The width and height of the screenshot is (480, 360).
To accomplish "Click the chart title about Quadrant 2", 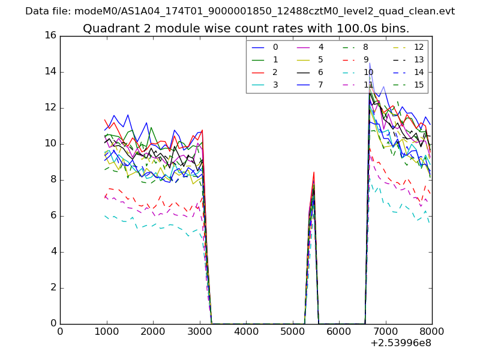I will (x=246, y=28).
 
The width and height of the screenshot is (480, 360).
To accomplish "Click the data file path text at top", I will (x=240, y=11).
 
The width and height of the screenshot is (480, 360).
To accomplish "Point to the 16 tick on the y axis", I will (x=50, y=35).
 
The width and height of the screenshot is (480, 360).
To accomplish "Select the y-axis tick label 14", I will (x=50, y=71).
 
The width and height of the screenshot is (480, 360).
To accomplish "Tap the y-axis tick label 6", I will (x=53, y=215).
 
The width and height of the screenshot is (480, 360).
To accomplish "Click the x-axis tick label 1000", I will (x=106, y=331).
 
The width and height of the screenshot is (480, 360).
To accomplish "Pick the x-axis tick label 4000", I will (x=246, y=331).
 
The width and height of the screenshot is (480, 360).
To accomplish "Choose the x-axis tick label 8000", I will (x=432, y=331).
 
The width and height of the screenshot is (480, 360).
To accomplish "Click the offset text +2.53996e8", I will (x=400, y=343).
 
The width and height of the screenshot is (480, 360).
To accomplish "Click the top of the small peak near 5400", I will (x=314, y=172).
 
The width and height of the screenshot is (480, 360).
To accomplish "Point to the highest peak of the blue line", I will (x=370, y=62).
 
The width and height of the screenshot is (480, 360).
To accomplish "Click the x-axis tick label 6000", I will (x=339, y=331).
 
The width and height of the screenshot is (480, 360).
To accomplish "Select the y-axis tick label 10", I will (x=50, y=143).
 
